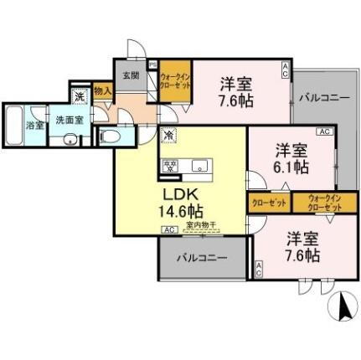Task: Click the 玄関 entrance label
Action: click(132, 75)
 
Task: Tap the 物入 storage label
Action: click(101, 90)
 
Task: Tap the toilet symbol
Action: click(111, 136)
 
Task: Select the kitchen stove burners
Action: click(170, 166)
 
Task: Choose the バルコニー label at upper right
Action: click(322, 98)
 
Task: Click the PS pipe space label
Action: click(152, 64)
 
